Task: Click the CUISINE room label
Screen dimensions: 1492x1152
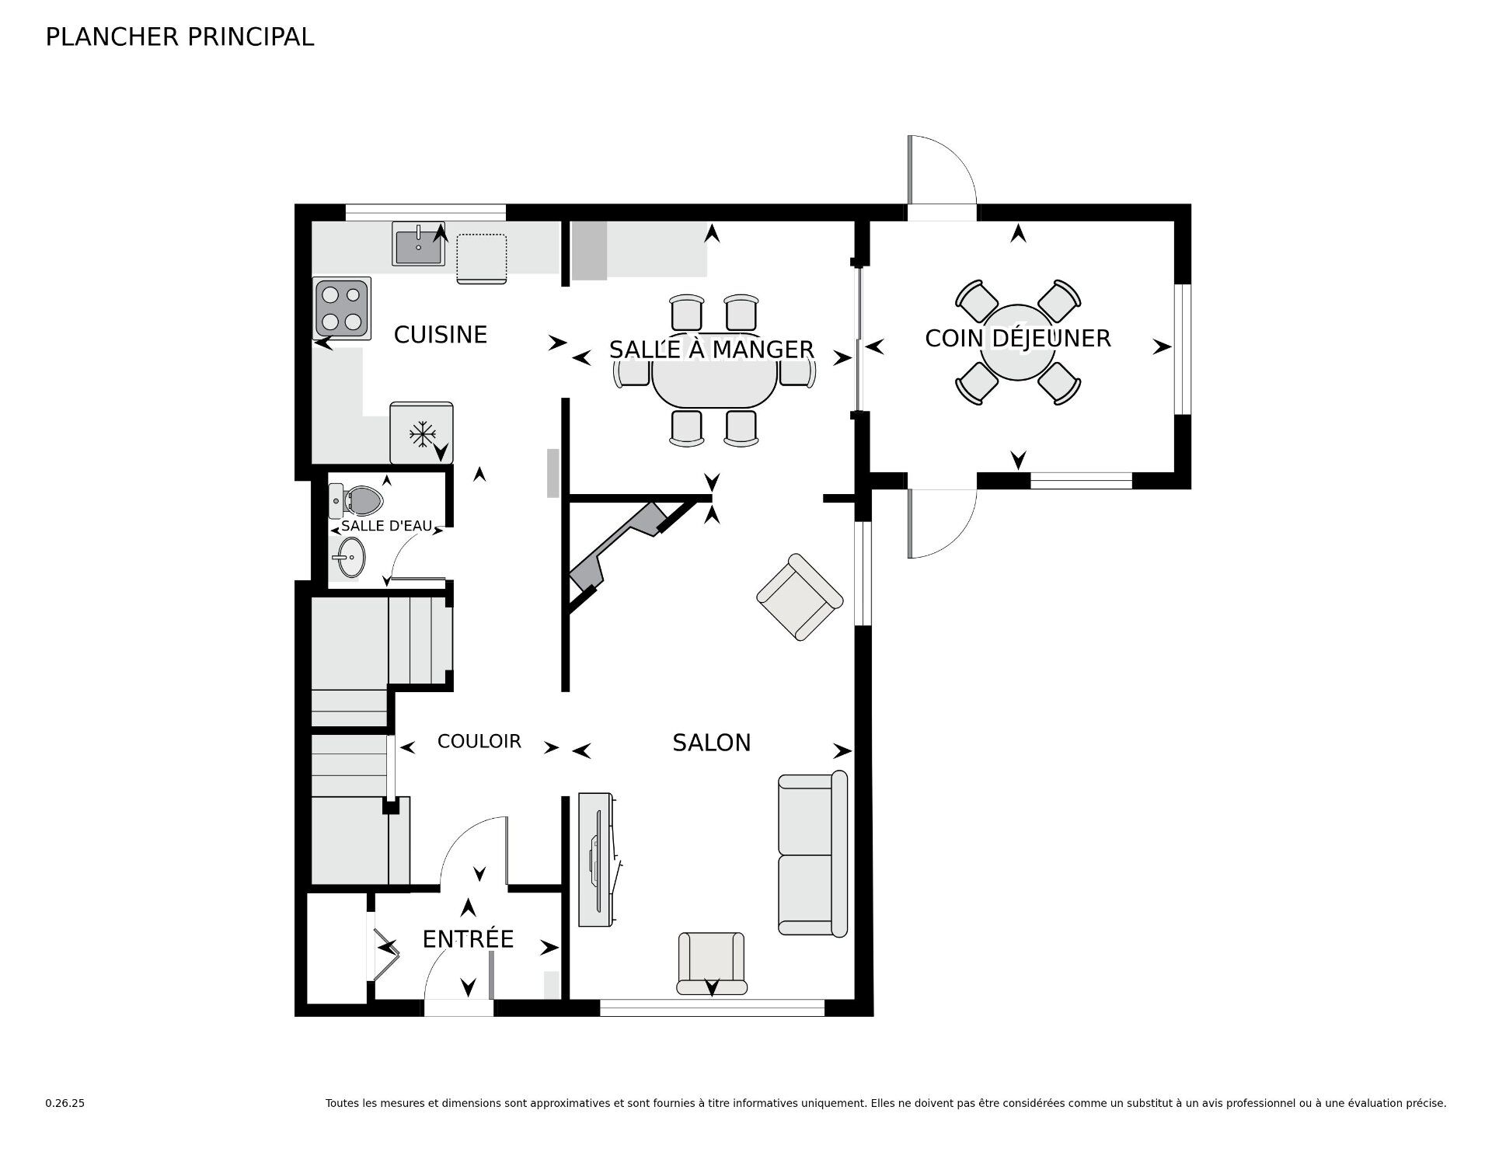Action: point(440,335)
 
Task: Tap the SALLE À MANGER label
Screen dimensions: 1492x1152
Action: point(711,350)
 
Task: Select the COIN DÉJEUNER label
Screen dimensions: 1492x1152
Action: point(1017,338)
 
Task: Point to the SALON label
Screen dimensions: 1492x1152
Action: point(711,743)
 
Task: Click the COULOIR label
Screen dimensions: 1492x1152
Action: point(479,741)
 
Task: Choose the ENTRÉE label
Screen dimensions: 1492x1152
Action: point(468,939)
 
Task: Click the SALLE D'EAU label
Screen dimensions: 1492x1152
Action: point(386,526)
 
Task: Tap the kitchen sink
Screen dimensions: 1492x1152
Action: point(418,243)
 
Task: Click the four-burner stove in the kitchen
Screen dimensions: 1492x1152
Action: point(342,308)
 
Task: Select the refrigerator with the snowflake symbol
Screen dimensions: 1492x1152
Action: point(421,433)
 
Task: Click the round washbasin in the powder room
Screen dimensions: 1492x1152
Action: point(349,559)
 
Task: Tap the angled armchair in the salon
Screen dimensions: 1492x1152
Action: point(800,597)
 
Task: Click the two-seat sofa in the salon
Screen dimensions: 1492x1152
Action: point(813,854)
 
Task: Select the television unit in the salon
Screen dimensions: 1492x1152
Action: point(597,859)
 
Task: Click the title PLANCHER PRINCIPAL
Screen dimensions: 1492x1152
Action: point(180,37)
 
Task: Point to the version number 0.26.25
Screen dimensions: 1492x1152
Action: point(64,1103)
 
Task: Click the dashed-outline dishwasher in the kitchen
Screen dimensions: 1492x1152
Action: point(482,258)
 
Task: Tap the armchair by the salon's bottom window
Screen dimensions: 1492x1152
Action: point(711,963)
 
